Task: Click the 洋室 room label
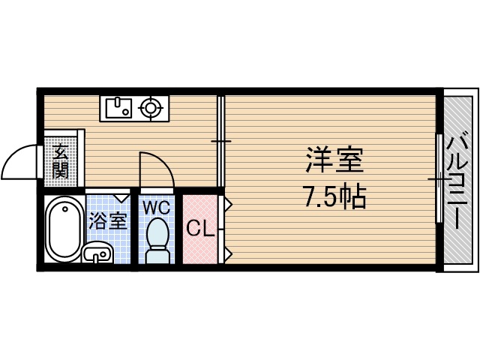pos(334,161)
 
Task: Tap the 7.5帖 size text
pos(334,196)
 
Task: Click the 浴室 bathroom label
pos(108,221)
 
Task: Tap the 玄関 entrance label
pos(61,161)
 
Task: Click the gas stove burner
pos(152,109)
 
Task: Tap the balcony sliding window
pos(437,178)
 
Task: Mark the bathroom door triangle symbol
pos(121,198)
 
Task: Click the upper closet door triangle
pos(227,203)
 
